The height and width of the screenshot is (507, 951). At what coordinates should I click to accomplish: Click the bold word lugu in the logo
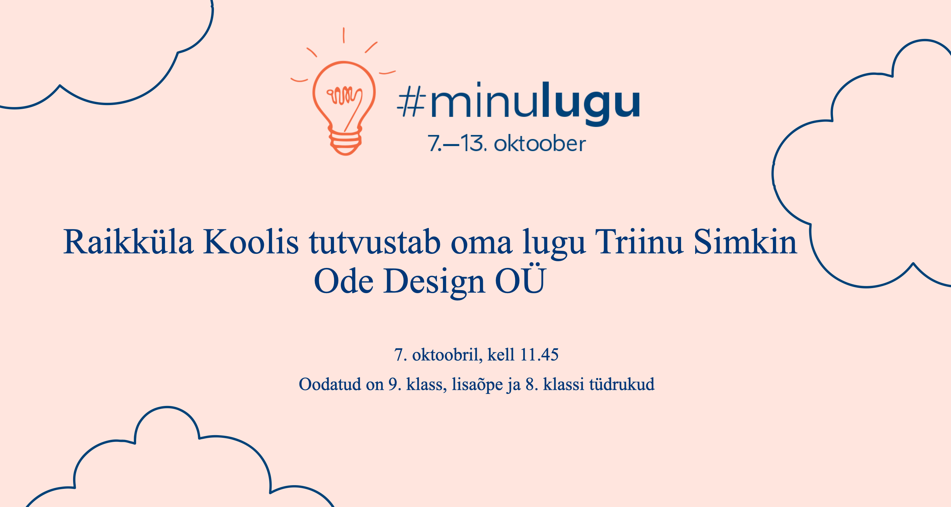point(591,104)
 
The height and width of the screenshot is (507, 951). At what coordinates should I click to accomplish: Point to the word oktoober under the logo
point(540,144)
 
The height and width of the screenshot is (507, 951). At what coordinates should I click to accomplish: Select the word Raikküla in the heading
point(128,242)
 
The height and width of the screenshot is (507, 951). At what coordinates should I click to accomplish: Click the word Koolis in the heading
point(251,242)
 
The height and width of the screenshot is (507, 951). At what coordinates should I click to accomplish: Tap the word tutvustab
point(375,242)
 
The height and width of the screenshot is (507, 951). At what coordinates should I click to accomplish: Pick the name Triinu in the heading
point(639,242)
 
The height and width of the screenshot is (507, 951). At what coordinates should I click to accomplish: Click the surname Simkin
point(745,242)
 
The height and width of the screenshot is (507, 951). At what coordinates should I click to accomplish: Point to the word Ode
point(344,281)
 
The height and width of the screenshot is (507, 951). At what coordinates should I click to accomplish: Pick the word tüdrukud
point(622,384)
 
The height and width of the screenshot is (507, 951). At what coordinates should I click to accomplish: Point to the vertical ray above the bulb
point(344,35)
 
